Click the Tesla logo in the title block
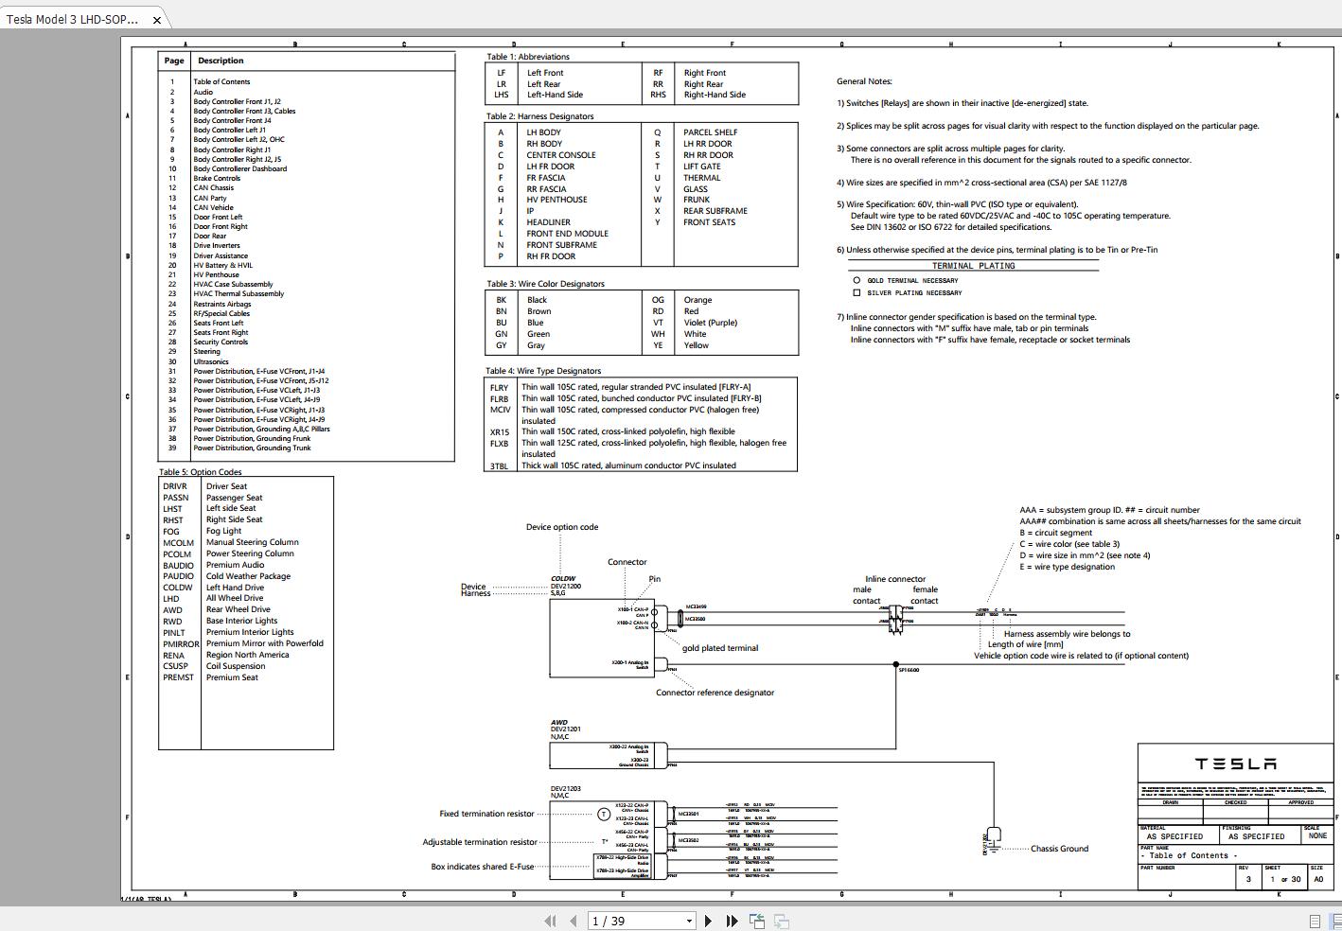(x=1235, y=764)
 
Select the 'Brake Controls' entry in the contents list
(x=217, y=178)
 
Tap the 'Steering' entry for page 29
(x=206, y=352)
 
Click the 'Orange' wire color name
(x=697, y=300)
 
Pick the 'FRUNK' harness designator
(x=696, y=200)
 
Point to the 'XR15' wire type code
(x=499, y=432)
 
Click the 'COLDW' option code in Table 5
(x=177, y=588)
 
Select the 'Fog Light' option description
(x=224, y=531)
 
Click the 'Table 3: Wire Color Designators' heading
(x=545, y=284)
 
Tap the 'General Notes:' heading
(x=864, y=81)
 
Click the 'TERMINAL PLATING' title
(x=973, y=266)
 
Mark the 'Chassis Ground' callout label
(x=1059, y=849)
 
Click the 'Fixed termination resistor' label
(x=486, y=814)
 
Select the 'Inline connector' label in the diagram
(x=894, y=579)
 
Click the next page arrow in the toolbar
(x=708, y=921)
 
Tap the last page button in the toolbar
(x=732, y=921)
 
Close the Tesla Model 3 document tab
(x=157, y=19)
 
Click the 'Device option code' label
(x=562, y=527)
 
